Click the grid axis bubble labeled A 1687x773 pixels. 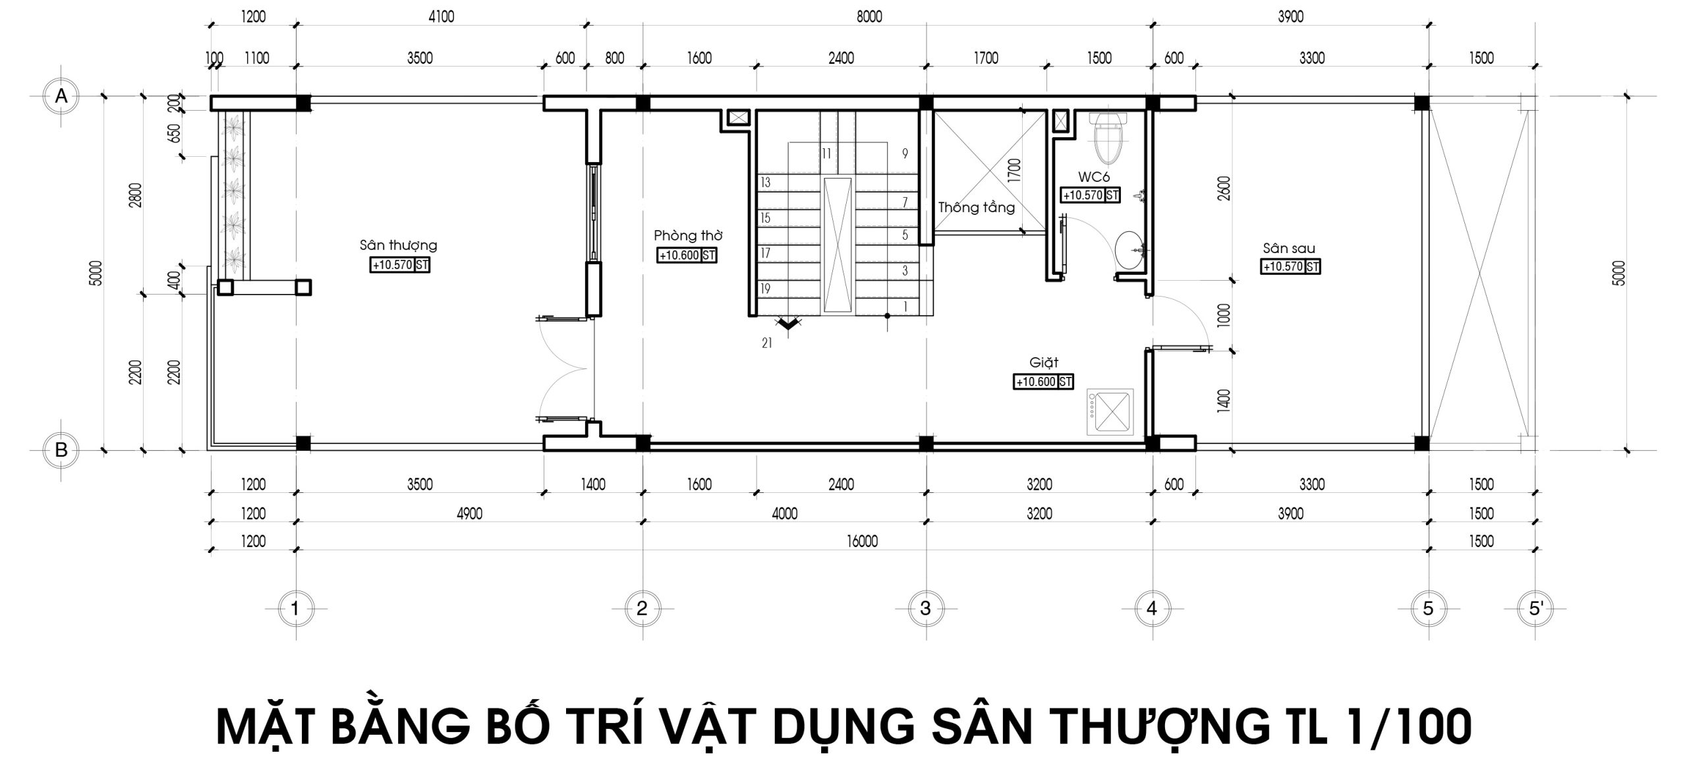(61, 96)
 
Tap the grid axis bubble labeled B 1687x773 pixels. (61, 450)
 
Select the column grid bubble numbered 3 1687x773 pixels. (925, 608)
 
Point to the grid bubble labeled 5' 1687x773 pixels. (1535, 608)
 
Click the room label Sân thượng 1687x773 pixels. (398, 246)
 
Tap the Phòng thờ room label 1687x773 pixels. (688, 236)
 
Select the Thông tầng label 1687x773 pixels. (977, 208)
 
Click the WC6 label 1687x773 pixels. (1094, 177)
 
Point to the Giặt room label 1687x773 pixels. (1044, 363)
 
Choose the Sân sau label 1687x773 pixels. (1289, 248)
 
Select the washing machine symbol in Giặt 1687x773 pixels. (1110, 413)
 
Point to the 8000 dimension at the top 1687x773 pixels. (869, 18)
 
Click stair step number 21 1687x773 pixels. (766, 343)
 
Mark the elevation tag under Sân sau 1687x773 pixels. (1290, 267)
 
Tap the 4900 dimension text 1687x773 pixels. (469, 513)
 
